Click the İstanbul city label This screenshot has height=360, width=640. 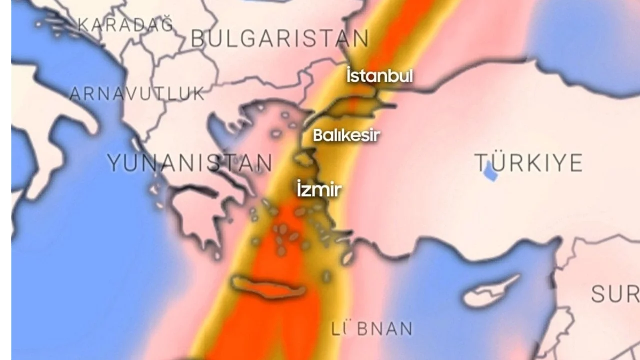pyautogui.click(x=379, y=76)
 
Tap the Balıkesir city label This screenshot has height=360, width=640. pyautogui.click(x=346, y=135)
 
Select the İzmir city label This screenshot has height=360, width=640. pyautogui.click(x=319, y=189)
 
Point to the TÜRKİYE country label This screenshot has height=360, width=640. pyautogui.click(x=528, y=163)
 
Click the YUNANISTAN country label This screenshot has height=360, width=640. pyautogui.click(x=189, y=163)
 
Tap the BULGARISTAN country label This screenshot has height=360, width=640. pyautogui.click(x=280, y=38)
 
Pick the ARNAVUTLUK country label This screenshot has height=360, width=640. pyautogui.click(x=137, y=93)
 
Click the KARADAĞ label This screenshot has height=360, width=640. pyautogui.click(x=125, y=24)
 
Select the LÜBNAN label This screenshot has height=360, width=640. pyautogui.click(x=372, y=328)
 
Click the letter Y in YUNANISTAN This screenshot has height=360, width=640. pyautogui.click(x=115, y=163)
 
